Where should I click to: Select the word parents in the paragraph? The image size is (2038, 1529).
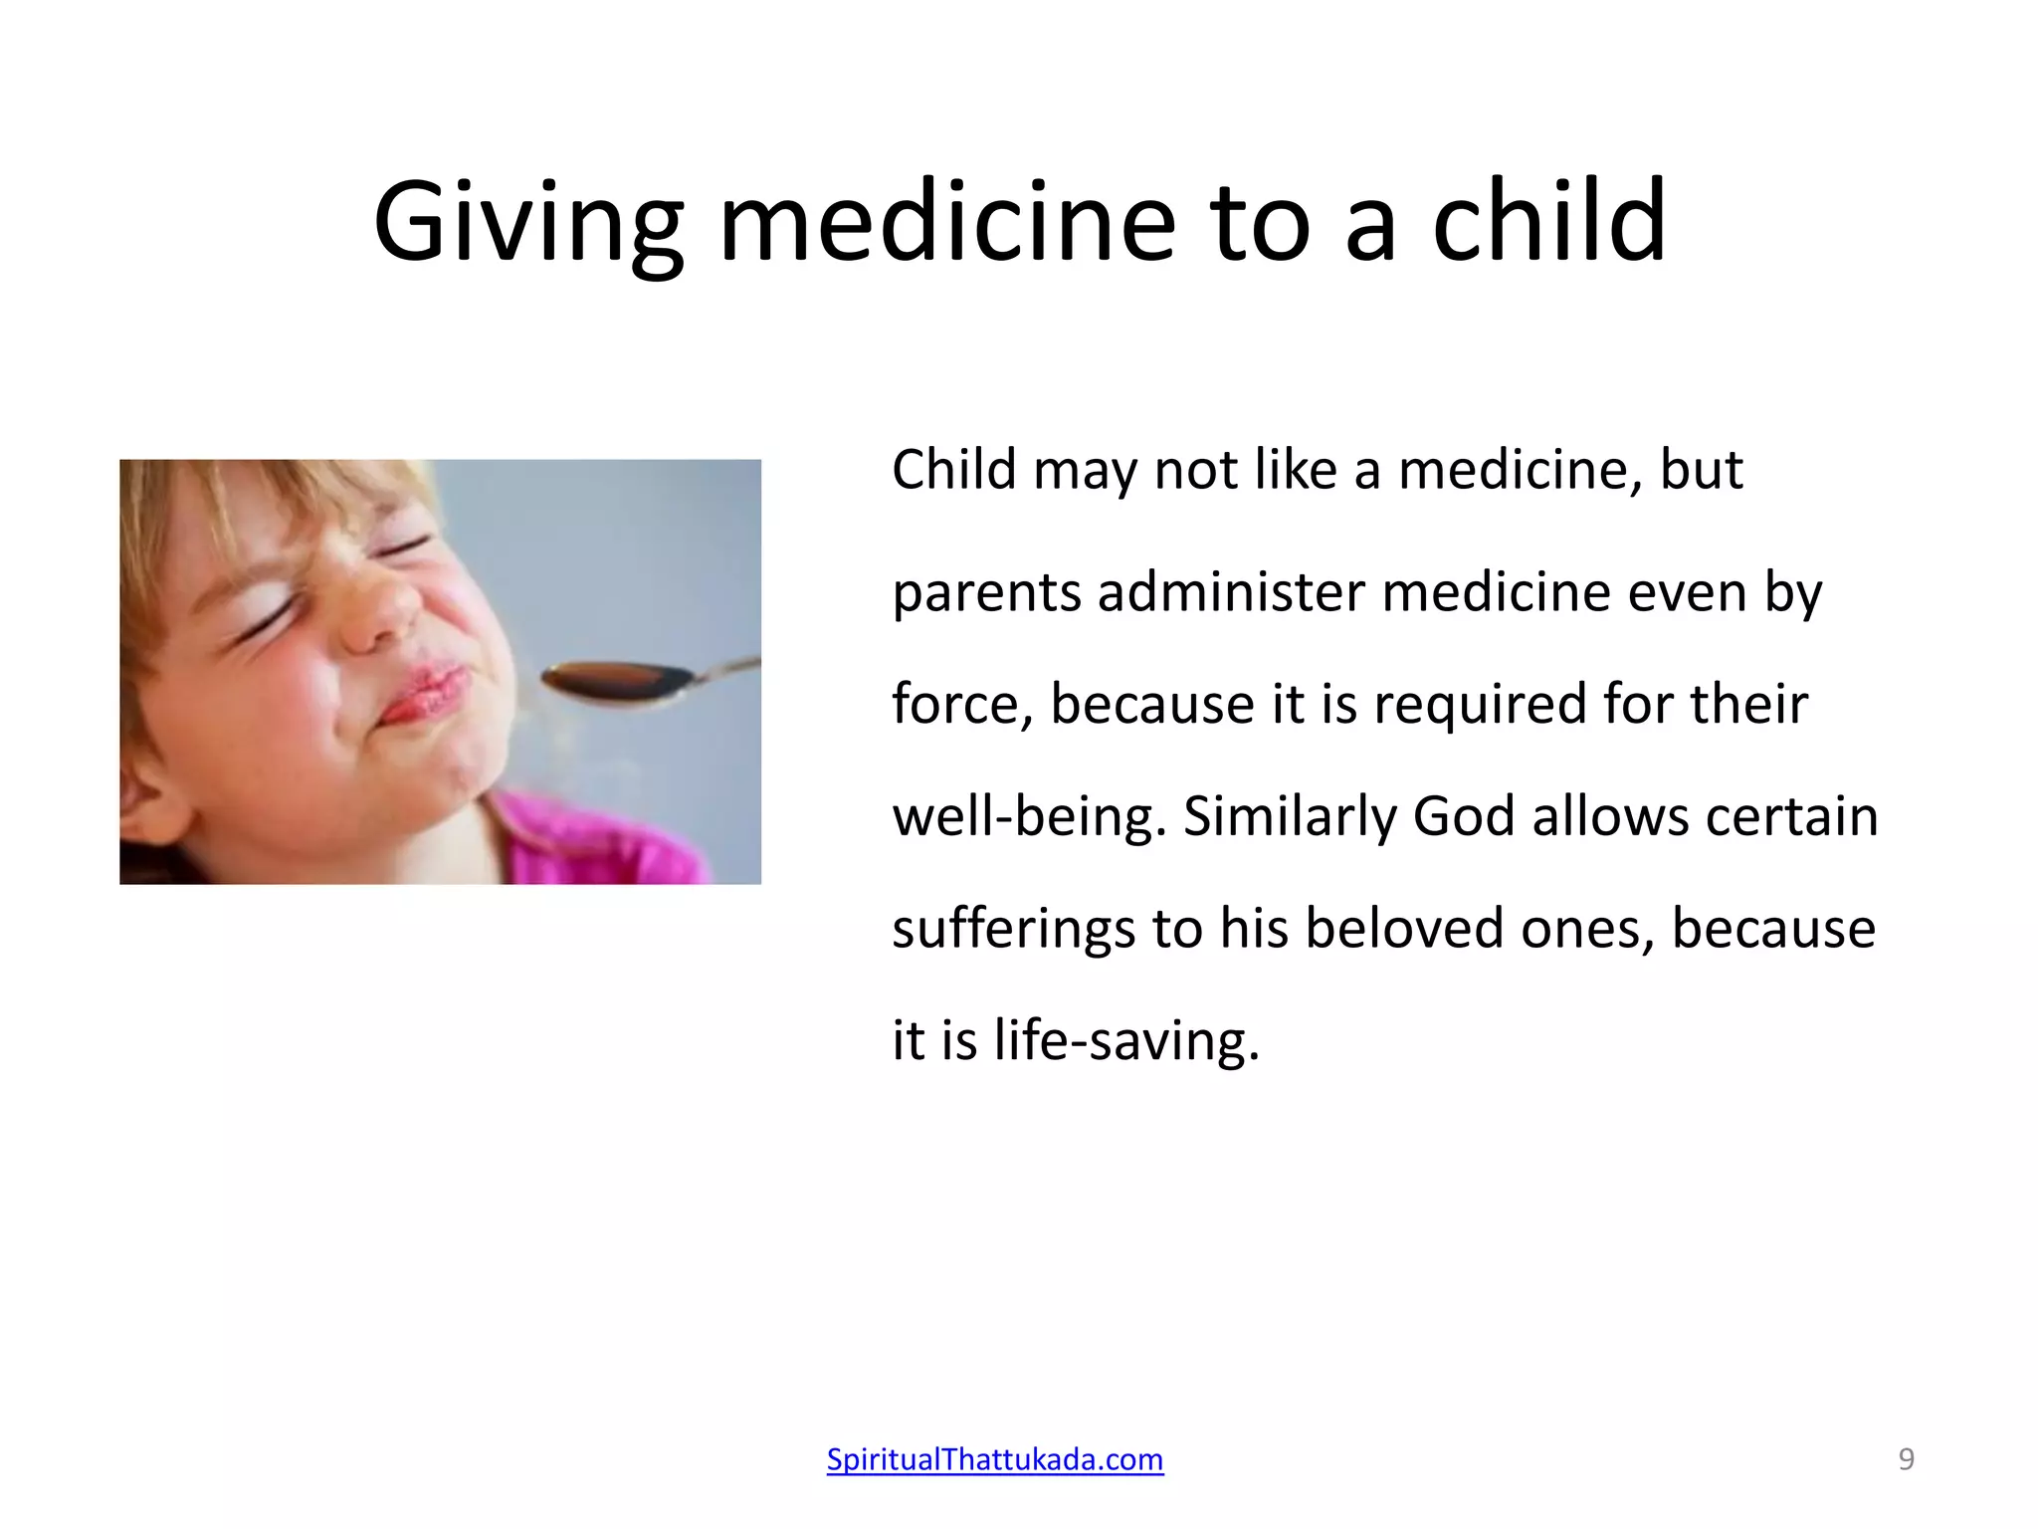985,594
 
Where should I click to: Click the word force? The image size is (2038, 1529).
961,705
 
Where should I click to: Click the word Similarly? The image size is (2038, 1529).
1289,817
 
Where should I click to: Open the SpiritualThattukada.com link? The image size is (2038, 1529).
995,1459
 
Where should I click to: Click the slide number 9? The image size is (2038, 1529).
1906,1459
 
